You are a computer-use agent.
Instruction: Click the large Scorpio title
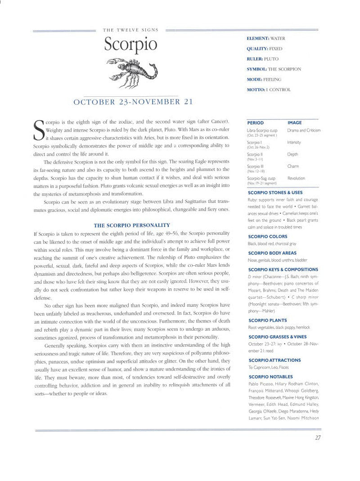[x=130, y=45]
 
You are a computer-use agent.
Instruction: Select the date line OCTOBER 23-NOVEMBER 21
[x=133, y=102]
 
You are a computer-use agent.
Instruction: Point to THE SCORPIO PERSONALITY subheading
[x=131, y=225]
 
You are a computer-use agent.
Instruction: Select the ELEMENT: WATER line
[x=266, y=39]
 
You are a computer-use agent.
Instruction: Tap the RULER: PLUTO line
[x=262, y=59]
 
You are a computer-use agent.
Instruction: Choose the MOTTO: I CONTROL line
[x=269, y=90]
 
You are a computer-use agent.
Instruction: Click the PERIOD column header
[x=256, y=122]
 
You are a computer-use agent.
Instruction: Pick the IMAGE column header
[x=295, y=122]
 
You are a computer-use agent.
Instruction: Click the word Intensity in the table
[x=294, y=142]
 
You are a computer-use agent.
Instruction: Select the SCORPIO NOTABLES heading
[x=270, y=377]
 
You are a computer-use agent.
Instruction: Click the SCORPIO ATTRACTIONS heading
[x=274, y=360]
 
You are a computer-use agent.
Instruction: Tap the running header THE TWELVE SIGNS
[x=130, y=30]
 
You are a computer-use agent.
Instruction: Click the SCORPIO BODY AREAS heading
[x=273, y=253]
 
